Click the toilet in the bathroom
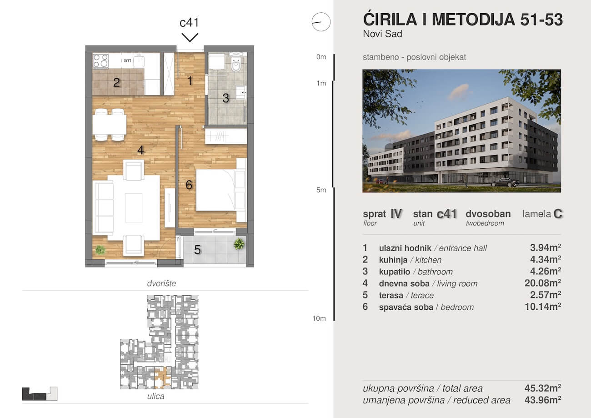point(235,63)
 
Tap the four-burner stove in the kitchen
point(100,60)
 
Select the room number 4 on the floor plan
point(140,150)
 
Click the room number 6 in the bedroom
point(189,185)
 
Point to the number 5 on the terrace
point(197,250)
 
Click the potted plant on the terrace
point(239,244)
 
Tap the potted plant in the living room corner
point(100,250)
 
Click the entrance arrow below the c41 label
point(190,37)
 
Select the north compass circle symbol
point(321,22)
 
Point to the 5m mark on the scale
point(321,190)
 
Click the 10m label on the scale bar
point(319,318)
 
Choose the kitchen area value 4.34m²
point(546,259)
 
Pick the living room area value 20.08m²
point(543,283)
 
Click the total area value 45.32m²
point(543,388)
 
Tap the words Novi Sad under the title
point(383,34)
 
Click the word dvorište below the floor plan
point(161,283)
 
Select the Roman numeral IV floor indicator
point(396,213)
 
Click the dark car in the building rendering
point(505,182)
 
